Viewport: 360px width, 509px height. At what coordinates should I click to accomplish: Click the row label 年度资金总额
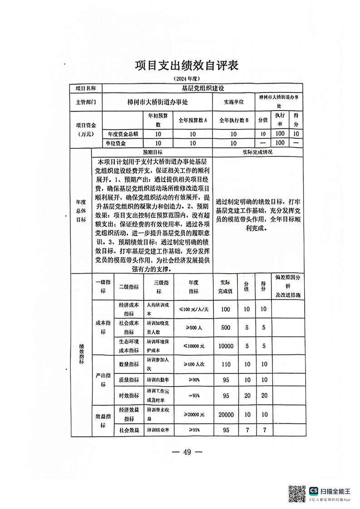123,134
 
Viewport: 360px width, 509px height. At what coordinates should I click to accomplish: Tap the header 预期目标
152,152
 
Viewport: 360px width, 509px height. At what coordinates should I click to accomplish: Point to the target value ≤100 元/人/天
193,309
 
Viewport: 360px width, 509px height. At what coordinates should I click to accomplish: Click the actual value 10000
226,345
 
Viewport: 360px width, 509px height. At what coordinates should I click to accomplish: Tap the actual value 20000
226,415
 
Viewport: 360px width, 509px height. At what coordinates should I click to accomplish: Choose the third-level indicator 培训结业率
158,429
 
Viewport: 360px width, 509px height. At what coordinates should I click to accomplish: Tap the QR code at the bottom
297,493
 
